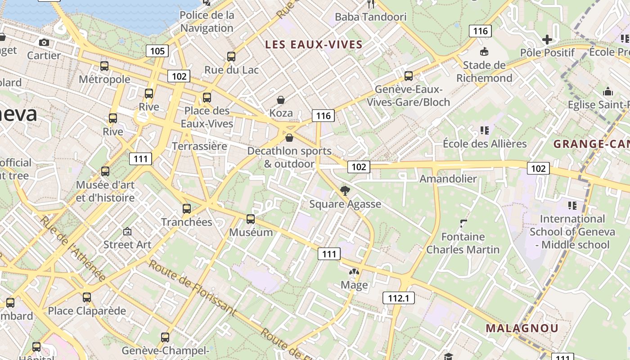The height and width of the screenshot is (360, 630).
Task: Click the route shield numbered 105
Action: pyautogui.click(x=157, y=51)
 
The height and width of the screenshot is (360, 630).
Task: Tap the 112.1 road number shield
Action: pyautogui.click(x=398, y=297)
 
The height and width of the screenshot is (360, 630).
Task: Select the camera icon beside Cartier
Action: pyautogui.click(x=44, y=42)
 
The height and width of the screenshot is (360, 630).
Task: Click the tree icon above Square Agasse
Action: pyautogui.click(x=345, y=191)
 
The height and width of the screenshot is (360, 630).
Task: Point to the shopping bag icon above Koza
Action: pyautogui.click(x=281, y=99)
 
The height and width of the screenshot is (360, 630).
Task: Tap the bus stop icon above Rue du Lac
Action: pyautogui.click(x=231, y=57)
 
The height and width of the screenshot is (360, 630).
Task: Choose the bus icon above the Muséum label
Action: pyautogui.click(x=251, y=219)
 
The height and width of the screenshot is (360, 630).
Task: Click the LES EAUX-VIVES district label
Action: pyautogui.click(x=314, y=44)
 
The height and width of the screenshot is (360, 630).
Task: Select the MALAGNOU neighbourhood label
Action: pyautogui.click(x=522, y=328)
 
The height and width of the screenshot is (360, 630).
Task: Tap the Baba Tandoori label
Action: pyautogui.click(x=371, y=17)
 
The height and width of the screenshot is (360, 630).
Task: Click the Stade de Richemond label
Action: pyautogui.click(x=484, y=72)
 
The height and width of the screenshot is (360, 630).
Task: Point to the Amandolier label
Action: pyautogui.click(x=448, y=179)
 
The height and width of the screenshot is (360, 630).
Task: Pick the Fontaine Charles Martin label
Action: pyautogui.click(x=463, y=243)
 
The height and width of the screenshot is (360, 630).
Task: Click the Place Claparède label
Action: pyautogui.click(x=87, y=311)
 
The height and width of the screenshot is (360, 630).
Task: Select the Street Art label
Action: pyautogui.click(x=127, y=244)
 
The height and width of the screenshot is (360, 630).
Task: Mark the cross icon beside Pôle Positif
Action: pyautogui.click(x=547, y=40)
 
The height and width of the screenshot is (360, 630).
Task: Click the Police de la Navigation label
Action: pyautogui.click(x=207, y=22)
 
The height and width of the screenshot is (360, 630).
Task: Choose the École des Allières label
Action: pyautogui.click(x=485, y=144)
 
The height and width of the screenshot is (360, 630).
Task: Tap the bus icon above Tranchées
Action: pyautogui.click(x=187, y=209)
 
